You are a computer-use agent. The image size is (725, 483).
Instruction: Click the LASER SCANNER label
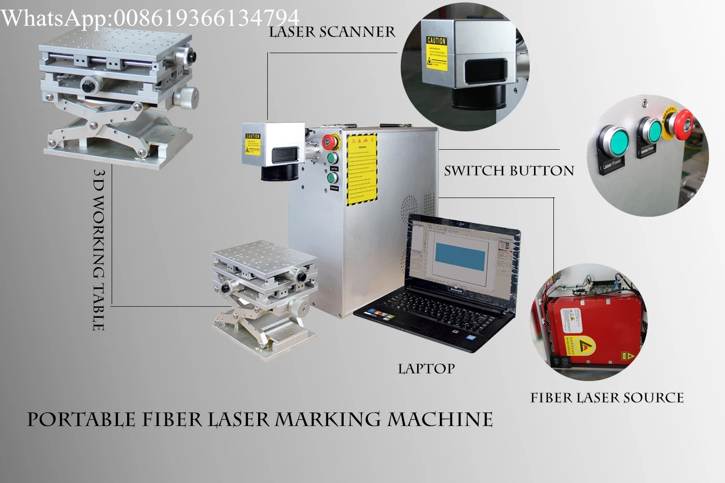click(x=332, y=32)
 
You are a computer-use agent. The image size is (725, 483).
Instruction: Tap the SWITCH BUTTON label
click(x=509, y=171)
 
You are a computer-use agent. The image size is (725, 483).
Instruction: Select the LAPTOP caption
click(x=426, y=369)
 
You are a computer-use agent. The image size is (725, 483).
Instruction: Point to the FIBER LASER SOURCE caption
click(x=607, y=398)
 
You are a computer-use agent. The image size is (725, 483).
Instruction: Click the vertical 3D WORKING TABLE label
click(x=99, y=250)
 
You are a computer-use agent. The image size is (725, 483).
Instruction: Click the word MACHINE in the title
click(x=440, y=420)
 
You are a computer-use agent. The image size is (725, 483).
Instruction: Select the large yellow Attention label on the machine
click(x=362, y=169)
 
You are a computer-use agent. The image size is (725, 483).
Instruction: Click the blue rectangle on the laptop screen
click(x=460, y=256)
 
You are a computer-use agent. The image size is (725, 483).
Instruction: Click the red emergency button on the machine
click(x=330, y=142)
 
